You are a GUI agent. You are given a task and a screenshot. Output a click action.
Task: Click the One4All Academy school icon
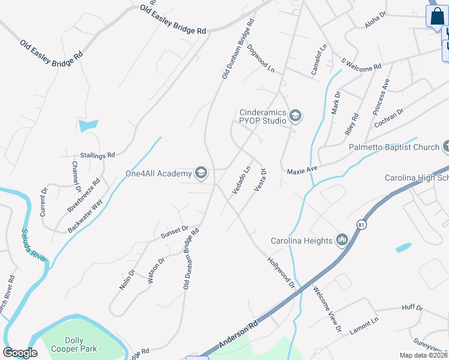(x=201, y=174)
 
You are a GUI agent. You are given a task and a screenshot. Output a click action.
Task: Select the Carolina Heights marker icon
(x=343, y=241)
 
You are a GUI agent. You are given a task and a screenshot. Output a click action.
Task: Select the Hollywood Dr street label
(x=282, y=272)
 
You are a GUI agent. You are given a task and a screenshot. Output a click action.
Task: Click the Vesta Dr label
(x=260, y=180)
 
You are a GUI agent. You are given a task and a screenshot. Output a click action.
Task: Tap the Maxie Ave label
(x=301, y=170)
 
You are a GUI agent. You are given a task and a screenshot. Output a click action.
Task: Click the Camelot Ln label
(x=319, y=59)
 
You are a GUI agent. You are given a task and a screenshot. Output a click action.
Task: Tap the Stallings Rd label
(x=97, y=155)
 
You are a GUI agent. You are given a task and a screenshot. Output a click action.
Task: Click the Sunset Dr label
(x=175, y=232)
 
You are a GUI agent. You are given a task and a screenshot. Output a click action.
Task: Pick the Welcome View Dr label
(x=327, y=308)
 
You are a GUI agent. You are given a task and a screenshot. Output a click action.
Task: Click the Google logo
(x=20, y=353)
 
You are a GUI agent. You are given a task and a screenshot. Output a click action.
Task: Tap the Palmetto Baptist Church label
(x=395, y=147)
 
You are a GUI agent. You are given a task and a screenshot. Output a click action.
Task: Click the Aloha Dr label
(x=377, y=23)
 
